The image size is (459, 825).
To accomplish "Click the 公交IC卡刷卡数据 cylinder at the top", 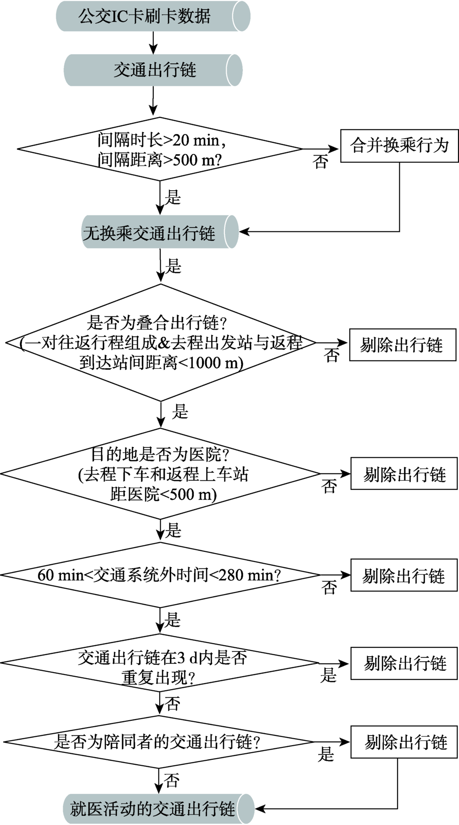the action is pyautogui.click(x=153, y=16).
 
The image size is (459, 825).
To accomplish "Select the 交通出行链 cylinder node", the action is pyautogui.click(x=153, y=70).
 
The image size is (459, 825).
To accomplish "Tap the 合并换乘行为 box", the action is pyautogui.click(x=399, y=146).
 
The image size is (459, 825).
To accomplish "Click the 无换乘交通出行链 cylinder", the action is pyautogui.click(x=160, y=232).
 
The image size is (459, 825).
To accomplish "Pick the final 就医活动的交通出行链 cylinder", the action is pyautogui.click(x=159, y=808).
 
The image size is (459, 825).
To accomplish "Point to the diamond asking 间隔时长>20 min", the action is pyautogui.click(x=160, y=149).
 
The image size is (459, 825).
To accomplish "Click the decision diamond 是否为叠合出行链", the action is pyautogui.click(x=161, y=342).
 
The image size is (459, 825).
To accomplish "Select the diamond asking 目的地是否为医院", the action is pyautogui.click(x=160, y=474).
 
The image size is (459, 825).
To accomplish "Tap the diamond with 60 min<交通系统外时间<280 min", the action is pyautogui.click(x=160, y=575).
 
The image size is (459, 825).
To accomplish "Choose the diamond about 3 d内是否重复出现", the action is pyautogui.click(x=159, y=663).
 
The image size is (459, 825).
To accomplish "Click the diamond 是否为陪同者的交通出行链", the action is pyautogui.click(x=159, y=741).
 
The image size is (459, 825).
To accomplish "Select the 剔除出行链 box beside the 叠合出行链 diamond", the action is pyautogui.click(x=403, y=345).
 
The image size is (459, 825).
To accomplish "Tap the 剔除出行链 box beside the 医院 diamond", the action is pyautogui.click(x=404, y=473).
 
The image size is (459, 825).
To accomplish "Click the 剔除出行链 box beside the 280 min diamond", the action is pyautogui.click(x=404, y=575).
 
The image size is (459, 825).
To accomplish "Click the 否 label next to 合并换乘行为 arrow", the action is pyautogui.click(x=320, y=162).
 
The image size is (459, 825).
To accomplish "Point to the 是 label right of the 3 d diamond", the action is pyautogui.click(x=328, y=675).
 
